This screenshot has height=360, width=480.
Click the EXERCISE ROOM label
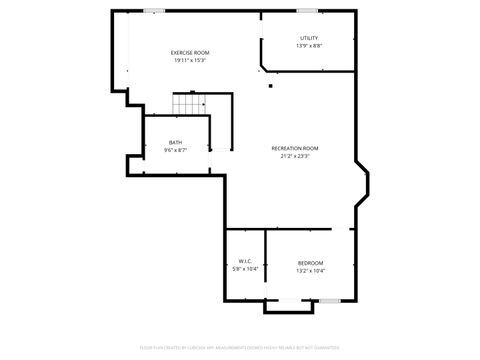[x=189, y=52]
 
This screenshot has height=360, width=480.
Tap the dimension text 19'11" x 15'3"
[x=189, y=60]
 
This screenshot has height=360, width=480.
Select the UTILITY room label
[x=309, y=38]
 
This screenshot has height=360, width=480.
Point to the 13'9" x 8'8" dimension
[x=309, y=46]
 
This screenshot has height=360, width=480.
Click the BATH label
[x=175, y=142]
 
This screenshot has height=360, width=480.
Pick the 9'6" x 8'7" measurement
[x=175, y=150]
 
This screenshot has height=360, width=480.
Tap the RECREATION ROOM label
[x=295, y=148]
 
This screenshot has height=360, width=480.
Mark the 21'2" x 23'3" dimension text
[x=295, y=156]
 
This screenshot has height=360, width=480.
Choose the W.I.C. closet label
[x=245, y=262]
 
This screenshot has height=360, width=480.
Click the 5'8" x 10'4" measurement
[x=245, y=270]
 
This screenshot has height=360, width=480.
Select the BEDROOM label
[x=310, y=262]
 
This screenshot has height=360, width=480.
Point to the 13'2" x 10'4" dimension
[x=310, y=270]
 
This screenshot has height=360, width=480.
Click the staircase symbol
[x=188, y=104]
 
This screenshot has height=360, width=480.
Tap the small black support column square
[x=269, y=86]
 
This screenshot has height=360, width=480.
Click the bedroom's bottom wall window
[x=329, y=300]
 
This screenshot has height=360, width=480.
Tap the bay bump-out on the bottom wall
[x=282, y=305]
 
